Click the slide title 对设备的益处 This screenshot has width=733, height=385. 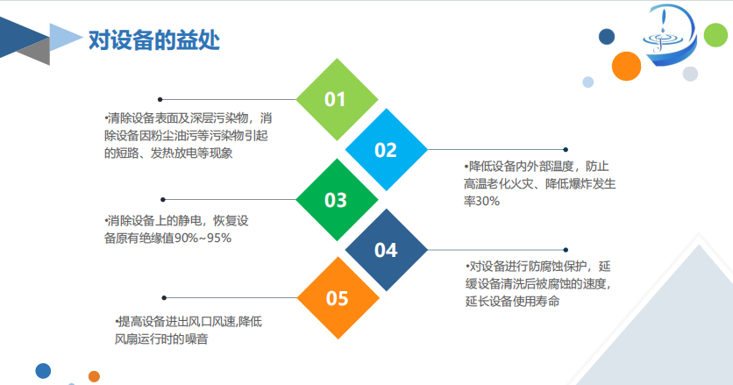(154, 40)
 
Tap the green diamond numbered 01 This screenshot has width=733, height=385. (336, 99)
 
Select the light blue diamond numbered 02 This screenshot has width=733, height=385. (386, 150)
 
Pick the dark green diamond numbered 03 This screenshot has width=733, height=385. (336, 200)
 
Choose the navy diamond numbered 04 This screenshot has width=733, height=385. (386, 250)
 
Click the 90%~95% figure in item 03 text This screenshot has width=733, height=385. (207, 237)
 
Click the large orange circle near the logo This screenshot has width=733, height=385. (626, 66)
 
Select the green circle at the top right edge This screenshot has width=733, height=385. (716, 37)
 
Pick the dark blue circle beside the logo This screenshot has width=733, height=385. (606, 36)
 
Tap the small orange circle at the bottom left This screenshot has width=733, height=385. (94, 376)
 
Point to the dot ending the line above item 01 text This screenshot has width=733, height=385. (160, 99)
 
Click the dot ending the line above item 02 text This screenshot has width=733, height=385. (566, 150)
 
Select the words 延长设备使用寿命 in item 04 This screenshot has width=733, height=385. (512, 301)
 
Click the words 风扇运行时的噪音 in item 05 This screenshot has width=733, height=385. (160, 339)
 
